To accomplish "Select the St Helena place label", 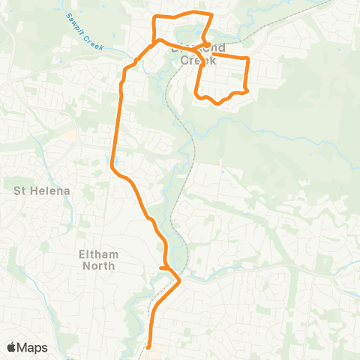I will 42,190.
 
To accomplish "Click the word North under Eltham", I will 100,265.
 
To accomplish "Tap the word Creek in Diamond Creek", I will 199,60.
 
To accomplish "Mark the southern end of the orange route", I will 149,346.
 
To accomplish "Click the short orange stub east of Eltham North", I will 164,268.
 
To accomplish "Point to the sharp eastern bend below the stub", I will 180,280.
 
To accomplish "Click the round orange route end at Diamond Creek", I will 203,40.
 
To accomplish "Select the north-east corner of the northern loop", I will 211,14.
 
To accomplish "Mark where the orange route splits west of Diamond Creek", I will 155,42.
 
